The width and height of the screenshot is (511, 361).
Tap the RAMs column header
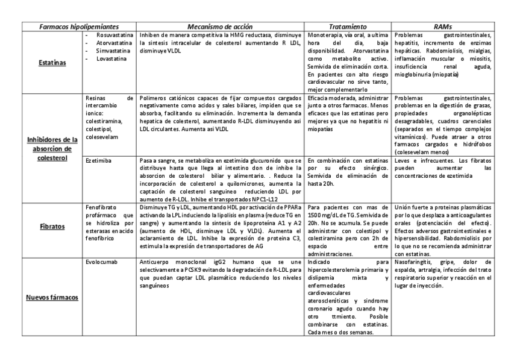point(443,27)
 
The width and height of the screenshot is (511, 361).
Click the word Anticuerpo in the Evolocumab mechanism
point(155,263)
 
